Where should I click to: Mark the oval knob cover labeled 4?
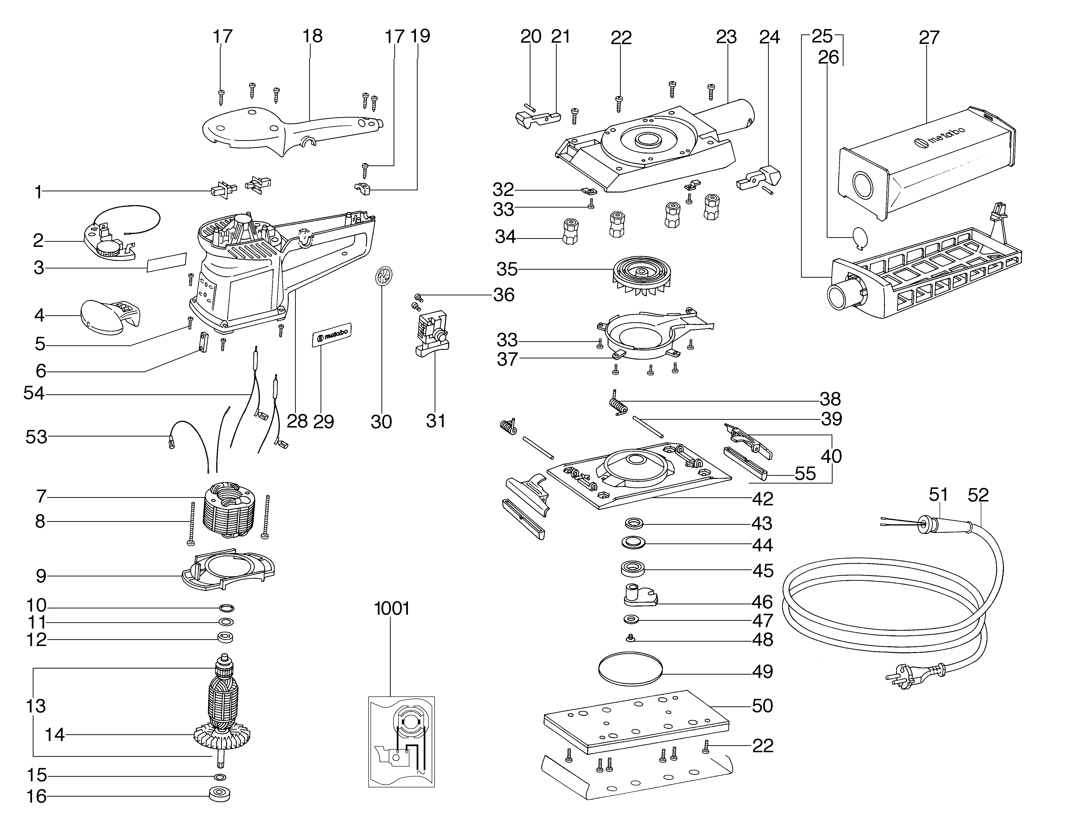pos(108,317)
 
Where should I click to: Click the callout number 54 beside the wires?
pos(34,394)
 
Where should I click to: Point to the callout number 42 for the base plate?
pos(762,499)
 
